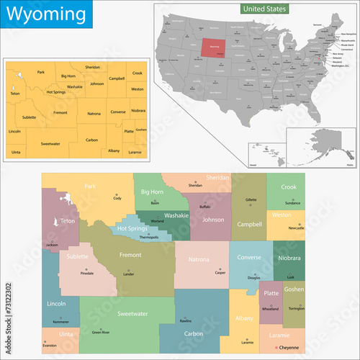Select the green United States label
pyautogui.click(x=264, y=9)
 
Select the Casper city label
pyautogui.click(x=220, y=273)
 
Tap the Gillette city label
pyautogui.click(x=251, y=199)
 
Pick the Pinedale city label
pyautogui.click(x=87, y=274)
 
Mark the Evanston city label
pyautogui.click(x=50, y=346)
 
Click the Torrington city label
pyautogui.click(x=297, y=307)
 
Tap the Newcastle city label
pyautogui.click(x=296, y=228)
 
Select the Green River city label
pyautogui.click(x=101, y=332)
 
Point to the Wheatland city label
pyautogui.click(x=270, y=308)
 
